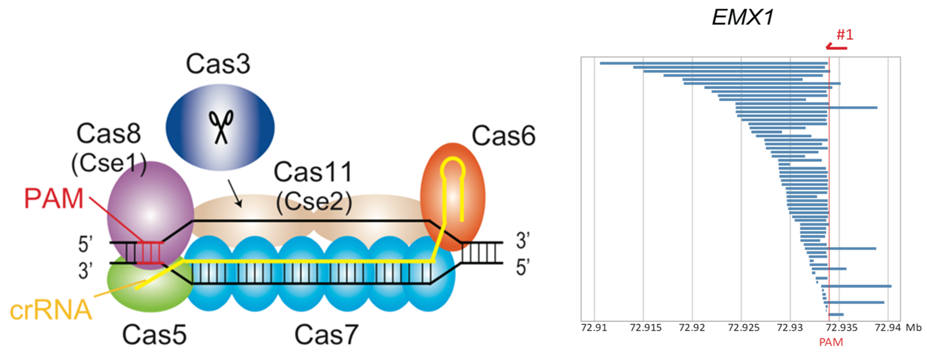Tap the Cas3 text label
pyautogui.click(x=218, y=64)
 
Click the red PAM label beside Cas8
pyautogui.click(x=54, y=198)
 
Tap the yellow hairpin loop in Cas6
pyautogui.click(x=453, y=167)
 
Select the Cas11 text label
pyautogui.click(x=313, y=172)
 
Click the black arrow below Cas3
pyautogui.click(x=235, y=194)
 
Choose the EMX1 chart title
pyautogui.click(x=742, y=17)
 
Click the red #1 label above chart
pyautogui.click(x=845, y=35)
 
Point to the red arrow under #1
pyautogui.click(x=836, y=47)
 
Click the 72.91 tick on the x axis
pyautogui.click(x=594, y=328)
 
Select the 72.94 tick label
pyautogui.click(x=887, y=328)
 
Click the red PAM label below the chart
pyautogui.click(x=831, y=342)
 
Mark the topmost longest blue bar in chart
pyautogui.click(x=714, y=63)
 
